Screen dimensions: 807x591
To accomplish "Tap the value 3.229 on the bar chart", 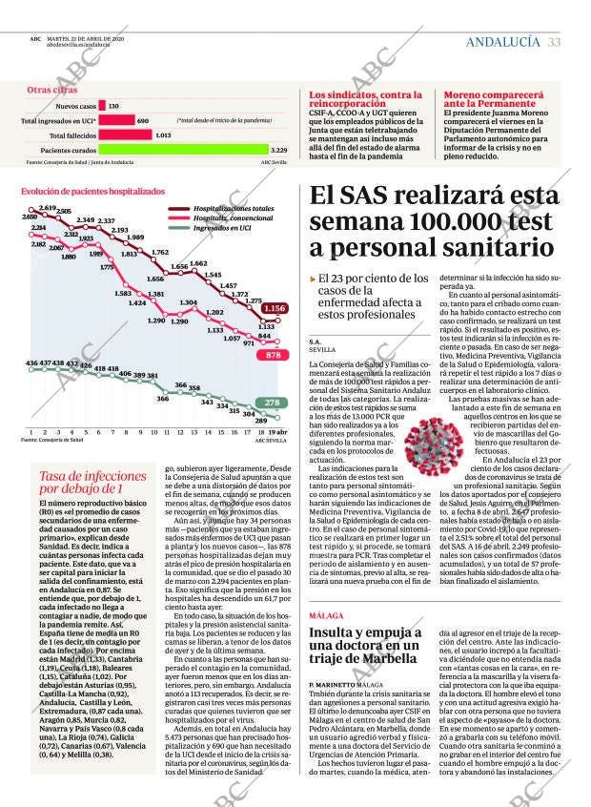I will click(279, 150).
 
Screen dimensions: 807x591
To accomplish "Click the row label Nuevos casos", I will click(76, 106).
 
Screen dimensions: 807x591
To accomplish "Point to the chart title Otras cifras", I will click(52, 90).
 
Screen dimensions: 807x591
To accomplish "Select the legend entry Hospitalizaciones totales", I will click(234, 208).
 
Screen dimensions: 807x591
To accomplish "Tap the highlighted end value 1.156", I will click(275, 308).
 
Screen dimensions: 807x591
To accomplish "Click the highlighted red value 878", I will click(274, 354).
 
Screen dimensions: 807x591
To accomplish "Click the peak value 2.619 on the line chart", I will click(48, 208).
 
